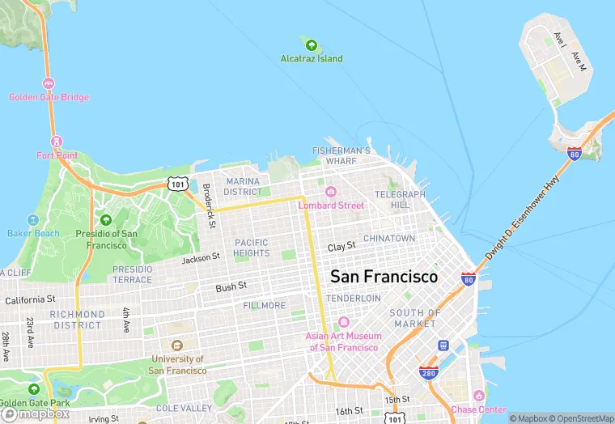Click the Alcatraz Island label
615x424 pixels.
(311, 58)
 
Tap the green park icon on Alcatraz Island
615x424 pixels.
(311, 43)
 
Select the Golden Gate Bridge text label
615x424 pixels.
(49, 97)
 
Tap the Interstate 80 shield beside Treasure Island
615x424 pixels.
(574, 154)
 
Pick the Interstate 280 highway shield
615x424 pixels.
(428, 372)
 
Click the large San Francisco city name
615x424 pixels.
(384, 277)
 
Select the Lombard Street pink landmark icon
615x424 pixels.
(330, 192)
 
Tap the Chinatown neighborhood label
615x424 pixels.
(389, 239)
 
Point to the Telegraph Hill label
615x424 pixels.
(400, 200)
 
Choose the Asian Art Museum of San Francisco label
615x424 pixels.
(343, 341)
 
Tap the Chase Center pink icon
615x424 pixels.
(478, 396)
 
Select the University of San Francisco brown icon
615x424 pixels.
(177, 346)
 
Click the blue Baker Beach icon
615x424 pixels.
(33, 220)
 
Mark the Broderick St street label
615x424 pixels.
(209, 206)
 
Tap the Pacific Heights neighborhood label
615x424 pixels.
(252, 248)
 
